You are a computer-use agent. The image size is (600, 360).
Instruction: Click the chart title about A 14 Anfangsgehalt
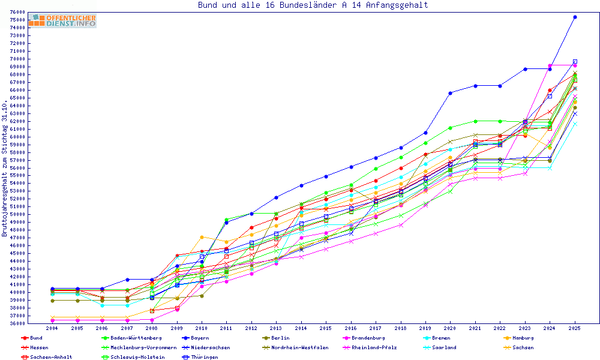[313, 5]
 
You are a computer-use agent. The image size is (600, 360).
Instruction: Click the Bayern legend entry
[199, 338]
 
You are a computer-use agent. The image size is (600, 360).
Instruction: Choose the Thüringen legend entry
[199, 357]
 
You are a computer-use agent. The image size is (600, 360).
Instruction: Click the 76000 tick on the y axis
[17, 12]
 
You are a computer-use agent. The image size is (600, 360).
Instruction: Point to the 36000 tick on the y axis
[17, 323]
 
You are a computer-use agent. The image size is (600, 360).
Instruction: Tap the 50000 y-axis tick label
[17, 215]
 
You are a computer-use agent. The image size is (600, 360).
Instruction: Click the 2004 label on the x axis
[52, 329]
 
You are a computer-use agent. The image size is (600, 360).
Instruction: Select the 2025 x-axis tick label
[574, 329]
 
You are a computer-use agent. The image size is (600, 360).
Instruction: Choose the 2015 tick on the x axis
[326, 329]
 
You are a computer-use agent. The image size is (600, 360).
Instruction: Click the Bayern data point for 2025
[575, 17]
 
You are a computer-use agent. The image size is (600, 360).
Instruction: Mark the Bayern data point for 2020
[451, 92]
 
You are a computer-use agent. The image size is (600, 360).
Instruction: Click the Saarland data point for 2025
[575, 124]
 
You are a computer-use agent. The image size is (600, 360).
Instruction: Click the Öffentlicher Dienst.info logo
[62, 21]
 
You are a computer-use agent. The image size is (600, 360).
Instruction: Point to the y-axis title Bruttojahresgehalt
[5, 169]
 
